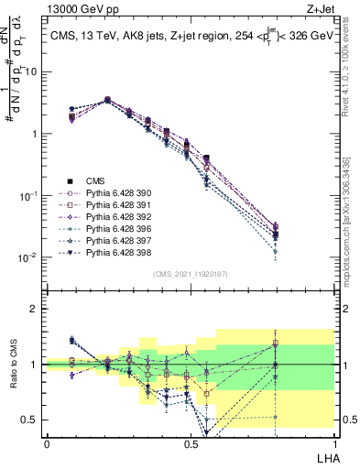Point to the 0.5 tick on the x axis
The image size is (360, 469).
191,442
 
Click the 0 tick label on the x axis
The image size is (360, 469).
47,442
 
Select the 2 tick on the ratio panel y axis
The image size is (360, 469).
35,309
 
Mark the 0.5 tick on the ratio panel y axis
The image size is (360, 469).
31,420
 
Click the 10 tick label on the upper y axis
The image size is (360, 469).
31,71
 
